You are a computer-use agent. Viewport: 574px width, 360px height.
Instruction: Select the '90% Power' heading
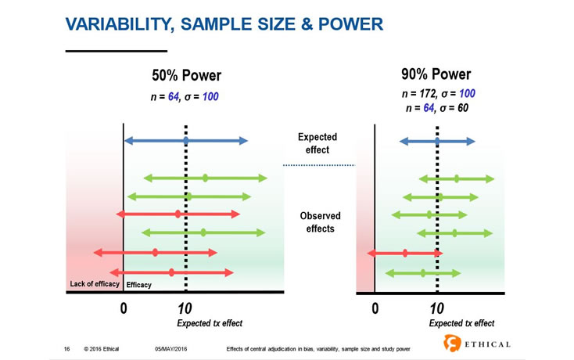[436, 75]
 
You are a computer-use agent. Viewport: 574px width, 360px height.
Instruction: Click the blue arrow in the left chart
[185, 141]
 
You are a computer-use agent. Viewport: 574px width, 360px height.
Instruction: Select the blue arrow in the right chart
[437, 141]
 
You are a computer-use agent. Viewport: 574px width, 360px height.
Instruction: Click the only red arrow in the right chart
[404, 253]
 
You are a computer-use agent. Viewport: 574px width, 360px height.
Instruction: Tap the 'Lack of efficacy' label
[91, 284]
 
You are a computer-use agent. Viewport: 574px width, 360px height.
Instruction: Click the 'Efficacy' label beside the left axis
[139, 285]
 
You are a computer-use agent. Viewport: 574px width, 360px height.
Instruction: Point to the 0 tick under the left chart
[124, 308]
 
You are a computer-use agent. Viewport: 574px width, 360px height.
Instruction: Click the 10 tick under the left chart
[185, 308]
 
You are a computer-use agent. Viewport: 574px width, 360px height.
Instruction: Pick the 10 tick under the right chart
[437, 308]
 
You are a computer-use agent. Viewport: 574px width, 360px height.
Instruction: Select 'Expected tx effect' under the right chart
[461, 322]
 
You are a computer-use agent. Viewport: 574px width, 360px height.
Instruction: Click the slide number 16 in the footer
[67, 347]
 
